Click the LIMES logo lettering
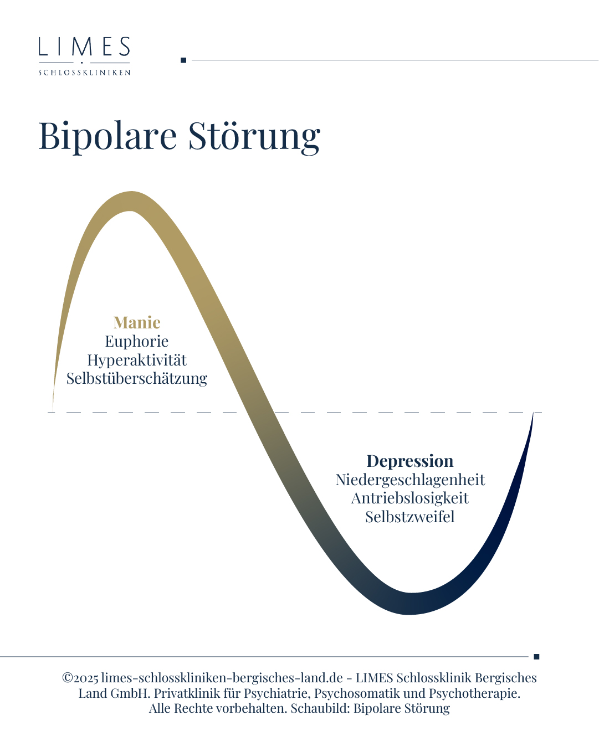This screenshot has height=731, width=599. tap(84, 47)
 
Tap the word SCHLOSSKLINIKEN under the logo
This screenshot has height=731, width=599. tap(84, 73)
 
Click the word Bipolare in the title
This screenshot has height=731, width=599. tap(108, 136)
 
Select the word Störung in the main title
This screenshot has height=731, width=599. tap(254, 136)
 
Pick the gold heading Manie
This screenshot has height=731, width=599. tap(137, 322)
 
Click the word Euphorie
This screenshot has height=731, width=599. tap(137, 342)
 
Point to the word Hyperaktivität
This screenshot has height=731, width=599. tap(137, 360)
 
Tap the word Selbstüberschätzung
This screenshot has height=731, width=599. tap(137, 378)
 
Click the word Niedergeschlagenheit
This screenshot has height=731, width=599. tap(409, 480)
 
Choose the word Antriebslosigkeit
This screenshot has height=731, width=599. tap(409, 498)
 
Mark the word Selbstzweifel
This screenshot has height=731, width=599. tap(409, 517)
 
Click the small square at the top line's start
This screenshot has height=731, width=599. tap(183, 60)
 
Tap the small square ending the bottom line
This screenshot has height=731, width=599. tap(536, 656)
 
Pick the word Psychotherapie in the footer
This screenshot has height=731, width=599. tap(474, 693)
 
